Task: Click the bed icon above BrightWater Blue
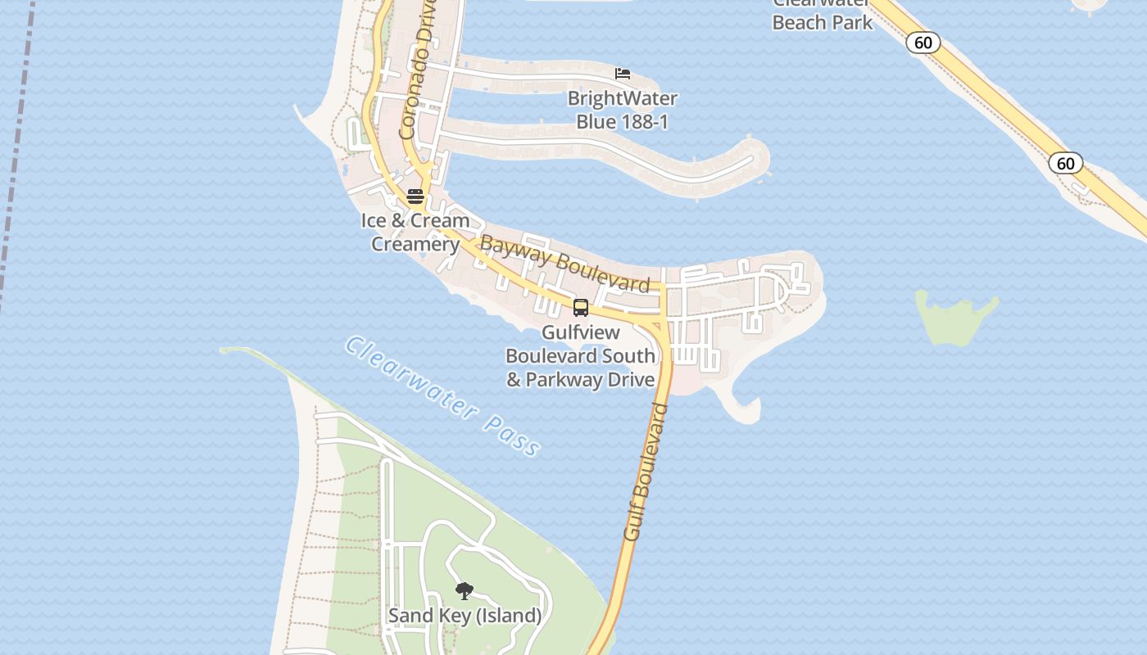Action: coord(623,74)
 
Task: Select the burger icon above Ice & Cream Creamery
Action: coord(415,196)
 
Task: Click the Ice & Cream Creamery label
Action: coord(415,232)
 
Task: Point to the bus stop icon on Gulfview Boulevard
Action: coord(581,308)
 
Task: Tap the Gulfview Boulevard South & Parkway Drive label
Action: coord(581,356)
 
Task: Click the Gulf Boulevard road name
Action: coord(646,471)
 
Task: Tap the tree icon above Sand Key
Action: coord(465,590)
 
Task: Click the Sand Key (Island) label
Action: coord(465,616)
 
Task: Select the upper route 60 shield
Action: coord(923,43)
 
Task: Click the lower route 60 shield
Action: coord(1065,163)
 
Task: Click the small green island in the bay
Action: coord(954,317)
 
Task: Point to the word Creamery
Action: coord(415,244)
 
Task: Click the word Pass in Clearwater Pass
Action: coord(511,434)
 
